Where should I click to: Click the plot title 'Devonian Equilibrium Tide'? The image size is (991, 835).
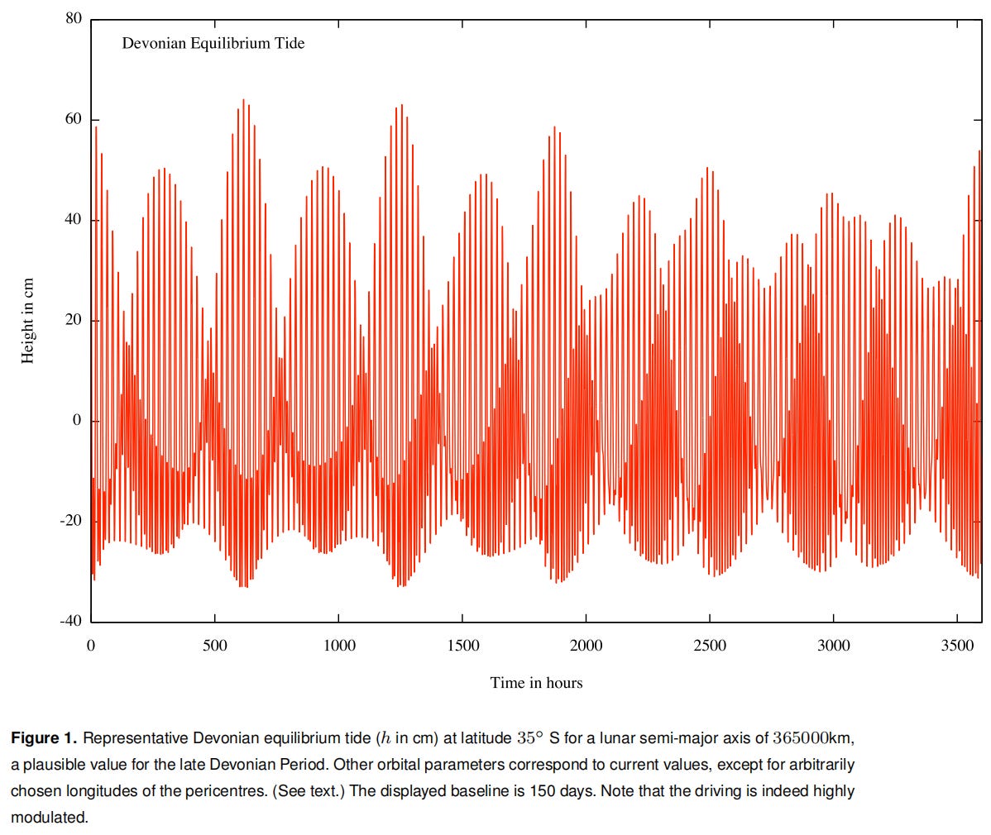(213, 43)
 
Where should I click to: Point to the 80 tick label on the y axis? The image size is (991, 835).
(74, 18)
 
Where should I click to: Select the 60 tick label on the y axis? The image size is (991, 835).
(74, 119)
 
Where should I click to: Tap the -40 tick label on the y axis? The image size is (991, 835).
(70, 621)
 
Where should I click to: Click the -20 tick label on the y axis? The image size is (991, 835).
(70, 521)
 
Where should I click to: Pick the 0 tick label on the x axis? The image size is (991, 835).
(91, 646)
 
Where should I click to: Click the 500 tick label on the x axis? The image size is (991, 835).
(215, 646)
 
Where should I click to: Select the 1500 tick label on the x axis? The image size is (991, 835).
(462, 646)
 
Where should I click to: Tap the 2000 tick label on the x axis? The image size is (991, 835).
(586, 646)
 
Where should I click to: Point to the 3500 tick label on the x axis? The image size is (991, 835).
(957, 646)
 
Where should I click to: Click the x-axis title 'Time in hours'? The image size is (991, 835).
(536, 683)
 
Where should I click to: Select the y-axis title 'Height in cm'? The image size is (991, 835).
(28, 320)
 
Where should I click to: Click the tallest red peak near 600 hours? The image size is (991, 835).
(243, 101)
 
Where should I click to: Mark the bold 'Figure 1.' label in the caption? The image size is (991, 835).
(44, 737)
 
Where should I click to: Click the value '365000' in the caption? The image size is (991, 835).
(801, 737)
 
